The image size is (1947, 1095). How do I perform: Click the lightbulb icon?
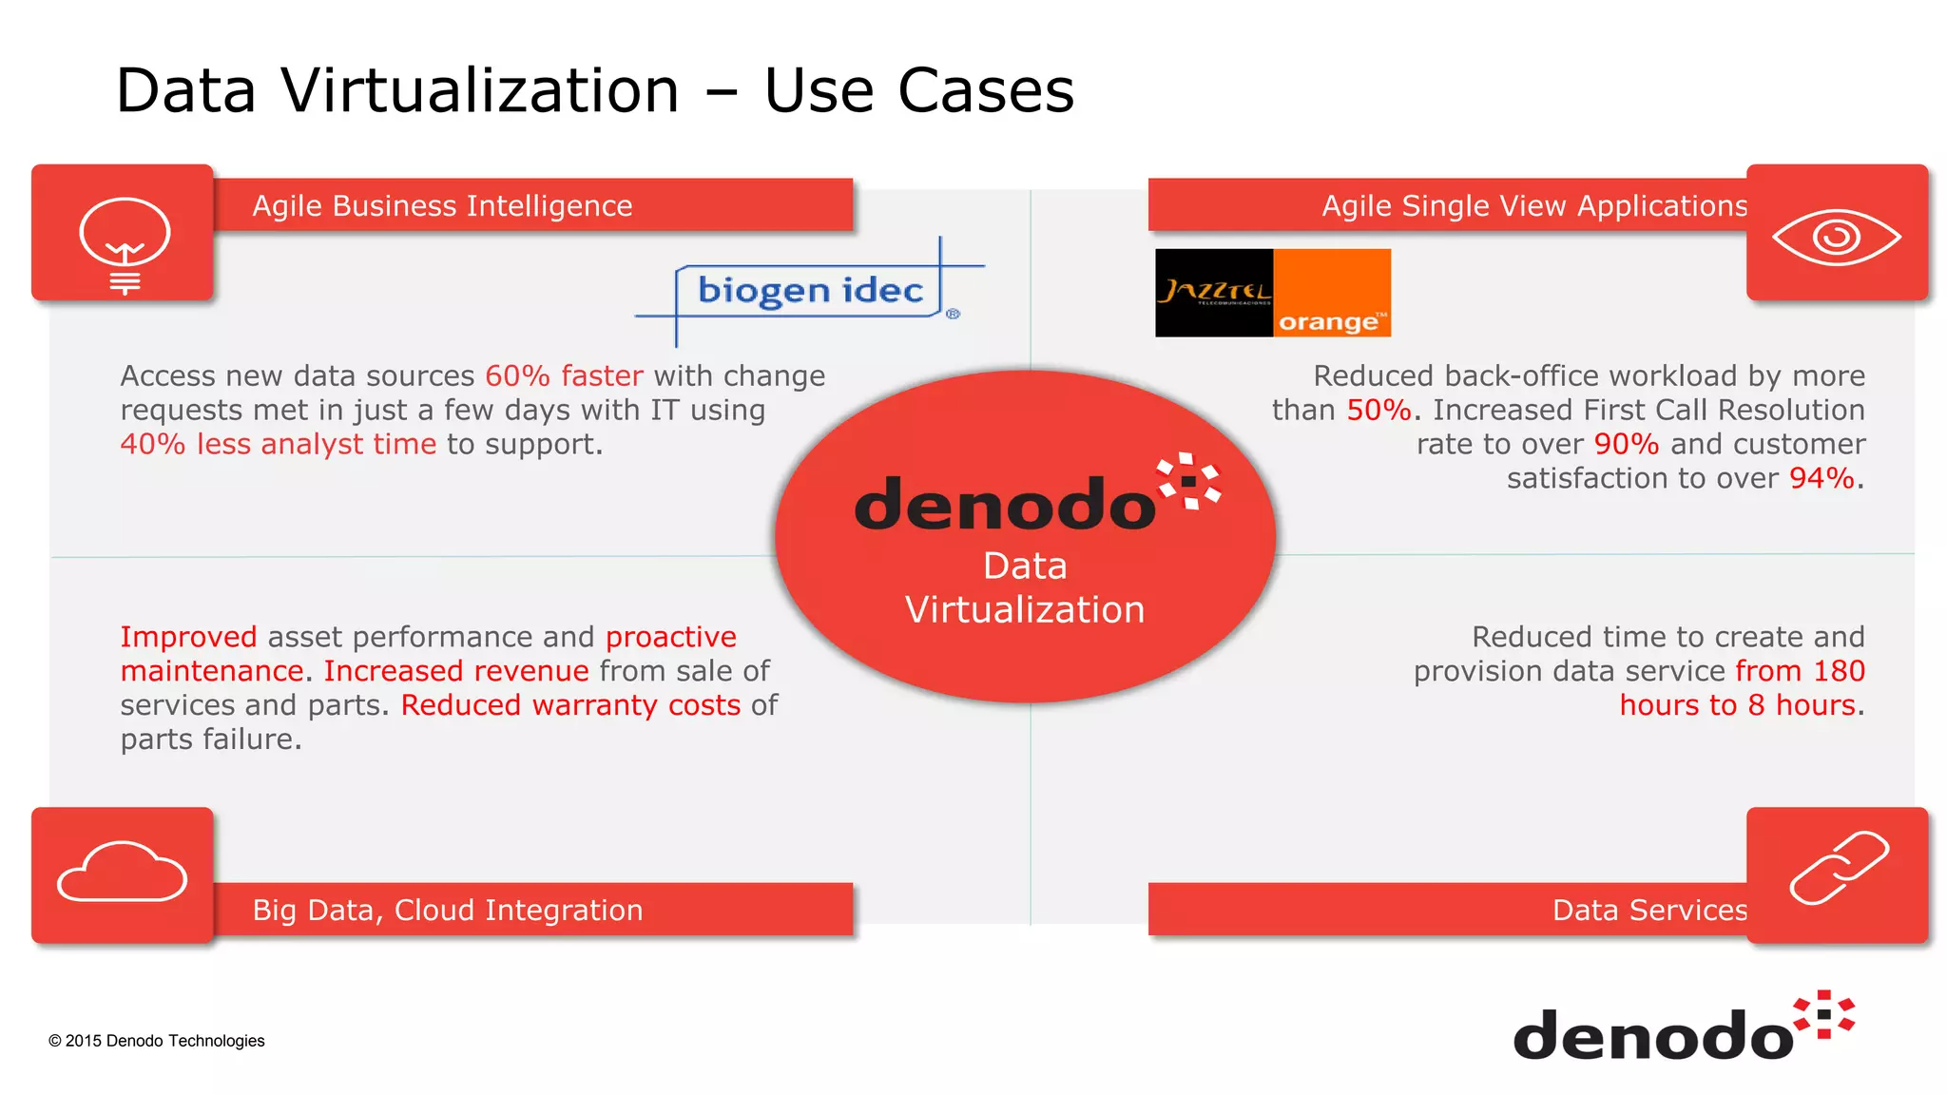(125, 242)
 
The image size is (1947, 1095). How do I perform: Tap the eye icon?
(1837, 237)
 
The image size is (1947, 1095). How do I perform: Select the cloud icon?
(123, 872)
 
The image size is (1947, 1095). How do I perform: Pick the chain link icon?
(1839, 867)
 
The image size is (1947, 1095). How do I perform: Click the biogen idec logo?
(810, 291)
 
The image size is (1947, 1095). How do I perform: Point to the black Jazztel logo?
(1214, 292)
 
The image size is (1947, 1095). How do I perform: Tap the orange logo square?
(1332, 293)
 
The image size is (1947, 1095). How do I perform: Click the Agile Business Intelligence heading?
(442, 206)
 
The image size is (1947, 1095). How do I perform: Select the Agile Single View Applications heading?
(1534, 206)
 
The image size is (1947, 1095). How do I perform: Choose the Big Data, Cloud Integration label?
(448, 911)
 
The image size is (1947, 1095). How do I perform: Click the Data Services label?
(1649, 911)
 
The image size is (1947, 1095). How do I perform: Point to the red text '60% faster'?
(564, 376)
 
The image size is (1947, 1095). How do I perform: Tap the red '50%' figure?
(1378, 411)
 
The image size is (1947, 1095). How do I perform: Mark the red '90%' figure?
(1626, 445)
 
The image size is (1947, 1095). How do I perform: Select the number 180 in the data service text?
(1839, 671)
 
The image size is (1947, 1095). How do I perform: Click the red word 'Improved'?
(188, 637)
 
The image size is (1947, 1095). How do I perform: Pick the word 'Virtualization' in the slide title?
(480, 91)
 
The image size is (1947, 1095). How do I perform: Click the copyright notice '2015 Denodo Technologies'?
(157, 1041)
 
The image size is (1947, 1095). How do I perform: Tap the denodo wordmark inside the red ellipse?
(1005, 505)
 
